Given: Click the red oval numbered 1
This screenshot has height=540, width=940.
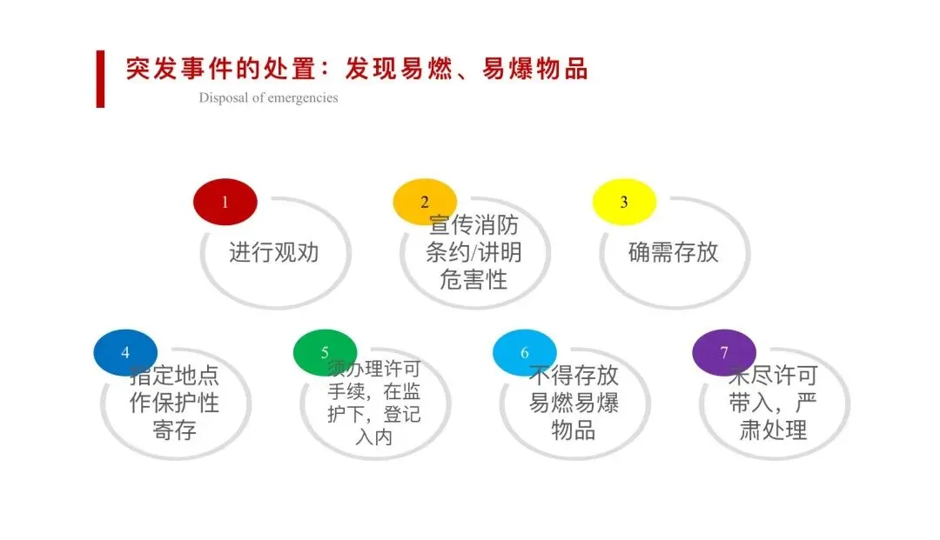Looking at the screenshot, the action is click(x=225, y=202).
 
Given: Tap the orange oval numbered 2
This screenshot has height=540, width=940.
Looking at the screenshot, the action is click(x=425, y=202).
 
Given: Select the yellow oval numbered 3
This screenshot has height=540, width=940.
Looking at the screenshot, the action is click(x=623, y=202).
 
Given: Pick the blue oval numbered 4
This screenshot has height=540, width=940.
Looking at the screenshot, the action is click(x=125, y=352).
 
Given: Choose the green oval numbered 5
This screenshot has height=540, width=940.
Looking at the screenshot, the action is click(x=325, y=352).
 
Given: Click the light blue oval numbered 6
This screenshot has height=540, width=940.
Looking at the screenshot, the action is click(x=524, y=352).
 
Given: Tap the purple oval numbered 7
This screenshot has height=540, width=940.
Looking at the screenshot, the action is click(x=723, y=352).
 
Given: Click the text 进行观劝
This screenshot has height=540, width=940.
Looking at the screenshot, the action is click(x=274, y=252).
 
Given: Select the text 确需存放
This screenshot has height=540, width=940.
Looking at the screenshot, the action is click(x=674, y=252).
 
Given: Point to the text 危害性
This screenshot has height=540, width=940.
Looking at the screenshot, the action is click(x=474, y=279).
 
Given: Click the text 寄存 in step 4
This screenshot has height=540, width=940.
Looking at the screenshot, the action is click(x=175, y=430).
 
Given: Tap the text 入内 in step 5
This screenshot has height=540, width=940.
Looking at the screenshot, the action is click(x=374, y=436).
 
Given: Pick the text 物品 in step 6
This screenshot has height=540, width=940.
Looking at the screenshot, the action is click(x=574, y=430).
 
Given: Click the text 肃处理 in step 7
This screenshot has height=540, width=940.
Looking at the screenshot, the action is click(x=773, y=430).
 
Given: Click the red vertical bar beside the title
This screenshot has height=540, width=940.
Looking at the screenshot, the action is click(x=100, y=79).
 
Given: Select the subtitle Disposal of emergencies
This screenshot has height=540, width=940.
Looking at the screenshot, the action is click(x=268, y=97).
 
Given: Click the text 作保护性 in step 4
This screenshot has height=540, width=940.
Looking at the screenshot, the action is click(x=175, y=403).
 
